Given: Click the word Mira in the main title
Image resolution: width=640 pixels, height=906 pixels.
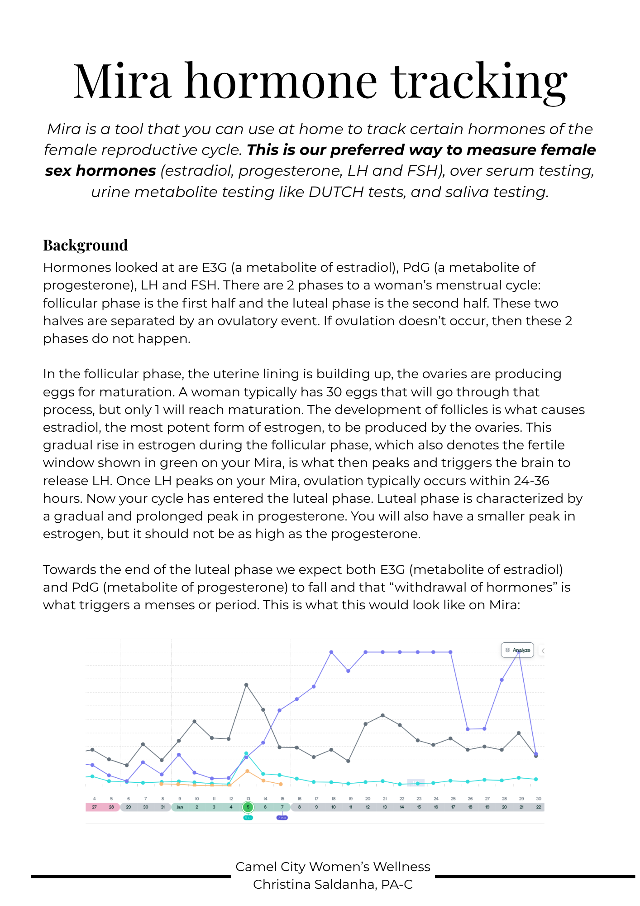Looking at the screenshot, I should [122, 82].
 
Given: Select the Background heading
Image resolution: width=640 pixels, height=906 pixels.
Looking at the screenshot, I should [85, 245].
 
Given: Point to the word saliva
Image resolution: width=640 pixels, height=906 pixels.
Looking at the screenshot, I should [466, 192].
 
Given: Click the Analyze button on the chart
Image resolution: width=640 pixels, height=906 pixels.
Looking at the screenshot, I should [517, 650].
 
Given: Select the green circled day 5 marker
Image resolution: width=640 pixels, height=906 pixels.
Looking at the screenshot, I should [248, 807].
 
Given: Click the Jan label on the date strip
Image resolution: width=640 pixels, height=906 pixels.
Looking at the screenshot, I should [180, 807].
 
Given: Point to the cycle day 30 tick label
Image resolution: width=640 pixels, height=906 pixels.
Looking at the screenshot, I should [539, 799].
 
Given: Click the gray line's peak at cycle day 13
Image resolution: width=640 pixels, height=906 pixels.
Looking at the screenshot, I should [246, 685].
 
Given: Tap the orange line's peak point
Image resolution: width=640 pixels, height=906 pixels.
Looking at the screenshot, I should [248, 771].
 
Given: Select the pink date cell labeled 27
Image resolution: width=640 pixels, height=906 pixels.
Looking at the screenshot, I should [94, 807].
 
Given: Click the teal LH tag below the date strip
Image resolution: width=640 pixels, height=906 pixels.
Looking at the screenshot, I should [248, 818].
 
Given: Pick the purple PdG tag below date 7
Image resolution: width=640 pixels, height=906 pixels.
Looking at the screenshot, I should [282, 818].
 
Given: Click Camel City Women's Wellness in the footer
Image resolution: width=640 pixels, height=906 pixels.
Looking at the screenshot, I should [333, 867].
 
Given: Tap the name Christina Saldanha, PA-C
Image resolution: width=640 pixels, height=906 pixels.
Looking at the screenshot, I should [333, 884].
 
